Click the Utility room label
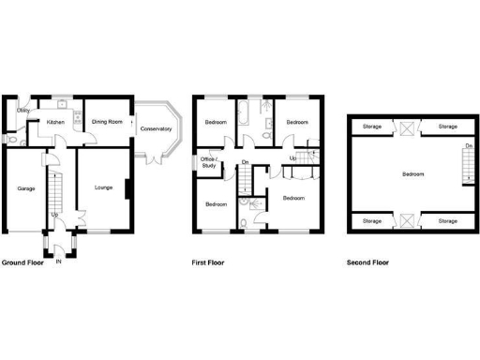click(x=23, y=111)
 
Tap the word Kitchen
click(x=55, y=122)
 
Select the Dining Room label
click(x=107, y=122)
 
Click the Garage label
click(x=26, y=188)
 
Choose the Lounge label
click(x=103, y=188)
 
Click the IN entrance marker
click(x=59, y=262)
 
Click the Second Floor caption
click(x=367, y=263)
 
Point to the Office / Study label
click(x=208, y=162)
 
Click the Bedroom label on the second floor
click(x=412, y=174)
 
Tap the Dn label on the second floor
click(x=467, y=146)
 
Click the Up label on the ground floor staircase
click(x=54, y=215)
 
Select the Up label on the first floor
click(x=292, y=157)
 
